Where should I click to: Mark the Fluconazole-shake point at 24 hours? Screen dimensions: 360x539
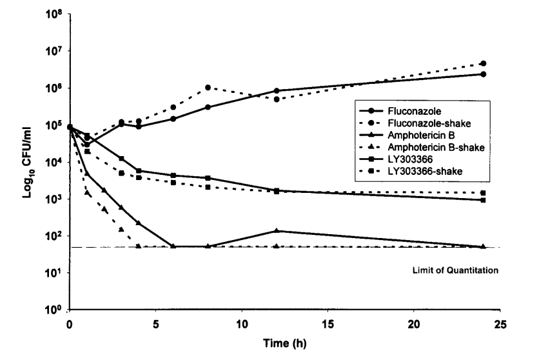point(483,64)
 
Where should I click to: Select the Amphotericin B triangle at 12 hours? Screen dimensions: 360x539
point(277,230)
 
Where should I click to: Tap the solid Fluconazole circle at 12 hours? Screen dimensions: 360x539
point(277,91)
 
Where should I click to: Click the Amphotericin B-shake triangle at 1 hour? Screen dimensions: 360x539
point(87,192)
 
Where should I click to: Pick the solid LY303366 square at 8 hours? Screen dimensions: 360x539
point(208,177)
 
